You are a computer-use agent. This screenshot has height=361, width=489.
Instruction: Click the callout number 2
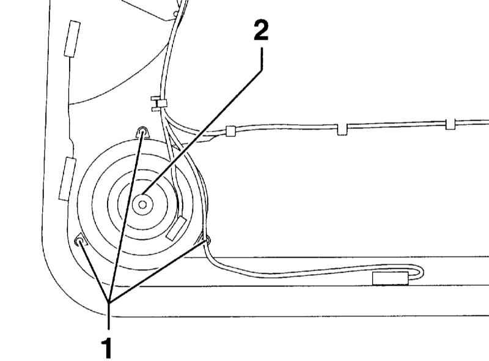(x=261, y=31)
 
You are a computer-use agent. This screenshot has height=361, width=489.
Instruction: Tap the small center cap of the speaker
(x=142, y=204)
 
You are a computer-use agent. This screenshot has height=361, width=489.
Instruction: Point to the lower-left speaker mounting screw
(x=79, y=241)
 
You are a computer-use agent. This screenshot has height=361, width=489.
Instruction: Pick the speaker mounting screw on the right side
(x=208, y=240)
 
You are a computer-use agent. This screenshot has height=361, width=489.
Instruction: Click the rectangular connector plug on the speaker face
(x=176, y=229)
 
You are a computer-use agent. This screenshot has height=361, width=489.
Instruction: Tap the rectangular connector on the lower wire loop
(x=390, y=278)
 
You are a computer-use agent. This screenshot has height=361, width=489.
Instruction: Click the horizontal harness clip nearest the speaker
(x=230, y=131)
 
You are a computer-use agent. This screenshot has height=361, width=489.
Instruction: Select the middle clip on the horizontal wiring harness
(x=342, y=129)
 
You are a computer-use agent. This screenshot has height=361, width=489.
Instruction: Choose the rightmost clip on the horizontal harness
(x=450, y=124)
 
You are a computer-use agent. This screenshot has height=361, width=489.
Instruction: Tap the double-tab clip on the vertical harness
(x=159, y=103)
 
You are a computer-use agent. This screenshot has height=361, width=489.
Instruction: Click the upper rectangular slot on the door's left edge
(x=72, y=39)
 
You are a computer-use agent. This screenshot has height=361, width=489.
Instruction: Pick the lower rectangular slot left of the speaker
(x=67, y=179)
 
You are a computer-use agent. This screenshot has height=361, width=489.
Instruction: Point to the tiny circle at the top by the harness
(x=176, y=13)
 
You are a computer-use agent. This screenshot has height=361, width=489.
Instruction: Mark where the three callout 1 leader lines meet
(x=108, y=302)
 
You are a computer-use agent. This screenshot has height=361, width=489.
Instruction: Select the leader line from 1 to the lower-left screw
(x=94, y=272)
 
